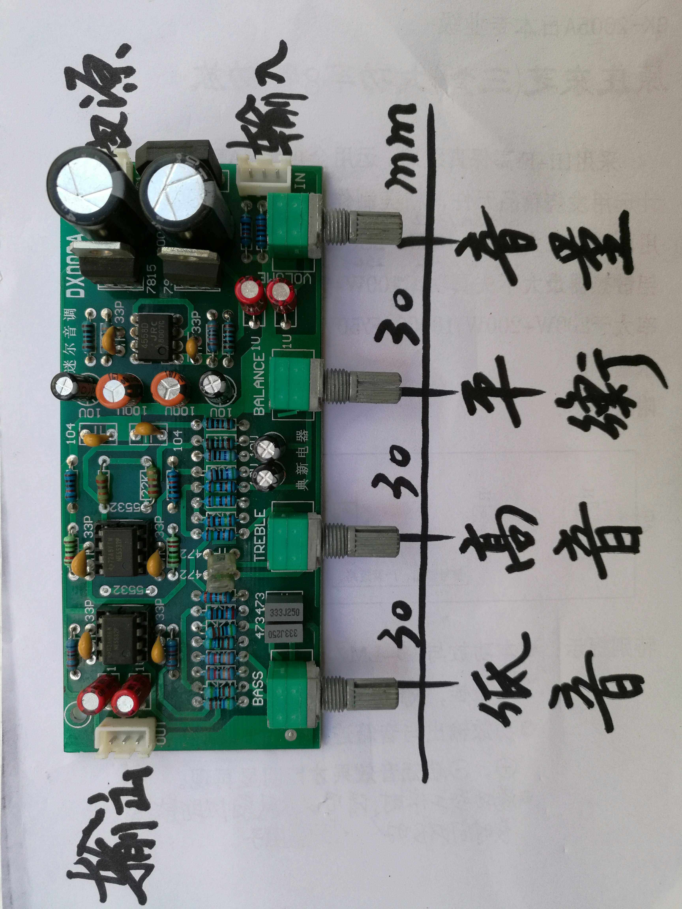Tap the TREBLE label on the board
click(x=260, y=535)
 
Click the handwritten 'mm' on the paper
click(x=401, y=148)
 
